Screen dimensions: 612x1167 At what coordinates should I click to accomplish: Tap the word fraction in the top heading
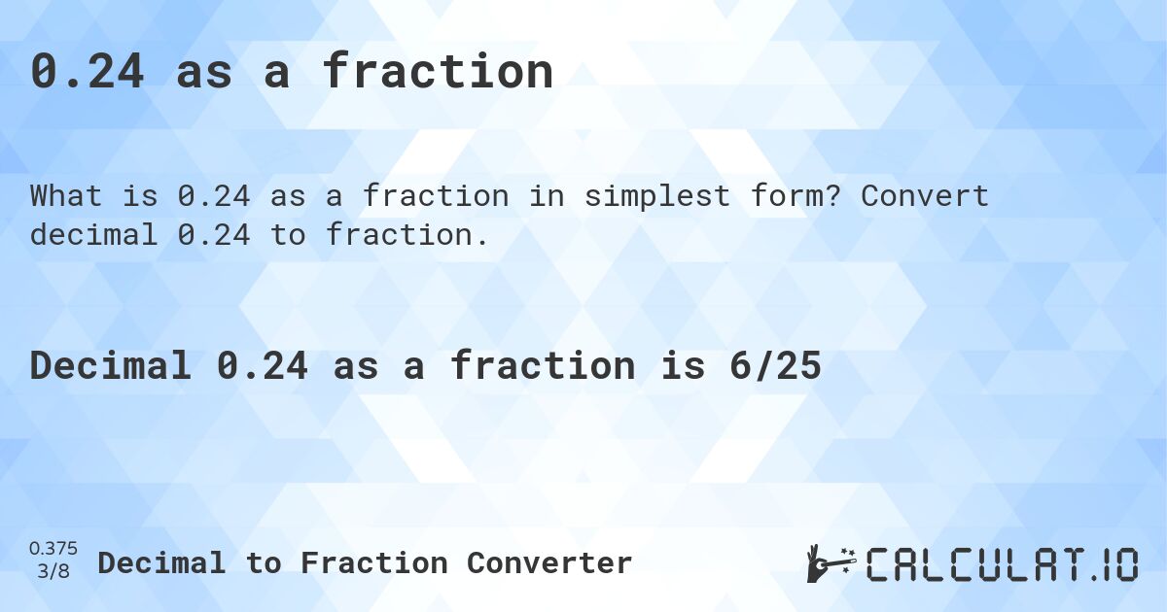pyautogui.click(x=438, y=71)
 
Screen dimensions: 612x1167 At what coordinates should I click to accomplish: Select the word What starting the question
pyautogui.click(x=66, y=196)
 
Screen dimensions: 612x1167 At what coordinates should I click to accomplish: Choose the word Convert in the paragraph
pyautogui.click(x=925, y=196)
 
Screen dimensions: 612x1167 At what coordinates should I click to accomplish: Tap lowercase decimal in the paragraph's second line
pyautogui.click(x=93, y=234)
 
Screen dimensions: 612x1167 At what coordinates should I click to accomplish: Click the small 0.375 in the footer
pyautogui.click(x=53, y=550)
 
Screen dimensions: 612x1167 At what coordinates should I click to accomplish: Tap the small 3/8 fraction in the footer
pyautogui.click(x=53, y=572)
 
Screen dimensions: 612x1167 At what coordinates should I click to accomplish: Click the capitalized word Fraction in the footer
pyautogui.click(x=373, y=562)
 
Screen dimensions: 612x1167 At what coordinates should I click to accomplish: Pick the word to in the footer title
pyautogui.click(x=264, y=562)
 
